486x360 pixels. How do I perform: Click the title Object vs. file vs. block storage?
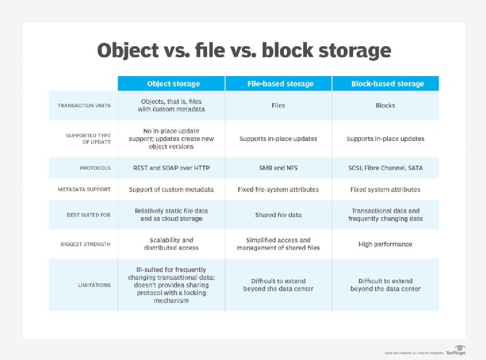pyautogui.click(x=244, y=51)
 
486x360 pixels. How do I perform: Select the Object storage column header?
pyautogui.click(x=173, y=84)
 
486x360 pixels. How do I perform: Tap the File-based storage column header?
pyautogui.click(x=278, y=84)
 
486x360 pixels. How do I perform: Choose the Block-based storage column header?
pyautogui.click(x=386, y=84)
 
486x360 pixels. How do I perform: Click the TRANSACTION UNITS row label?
pyautogui.click(x=84, y=105)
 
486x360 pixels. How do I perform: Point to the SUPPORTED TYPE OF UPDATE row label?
pyautogui.click(x=88, y=139)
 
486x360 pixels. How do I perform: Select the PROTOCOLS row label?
pyautogui.click(x=95, y=168)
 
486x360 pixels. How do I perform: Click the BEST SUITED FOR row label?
pyautogui.click(x=89, y=215)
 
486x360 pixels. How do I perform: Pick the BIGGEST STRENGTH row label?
pyautogui.click(x=85, y=244)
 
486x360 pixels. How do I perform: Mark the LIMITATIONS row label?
pyautogui.click(x=94, y=285)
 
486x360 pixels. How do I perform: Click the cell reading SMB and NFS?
pyautogui.click(x=278, y=168)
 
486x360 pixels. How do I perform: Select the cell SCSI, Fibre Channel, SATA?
pyautogui.click(x=386, y=168)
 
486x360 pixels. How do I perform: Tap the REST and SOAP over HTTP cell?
pyautogui.click(x=171, y=168)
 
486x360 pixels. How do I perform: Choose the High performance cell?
pyautogui.click(x=386, y=244)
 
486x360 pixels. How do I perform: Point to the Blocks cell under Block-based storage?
pyautogui.click(x=386, y=105)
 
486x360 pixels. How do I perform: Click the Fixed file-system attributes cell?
pyautogui.click(x=278, y=190)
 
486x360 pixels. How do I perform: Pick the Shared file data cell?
pyautogui.click(x=278, y=215)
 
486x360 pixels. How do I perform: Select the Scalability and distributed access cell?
pyautogui.click(x=171, y=244)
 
